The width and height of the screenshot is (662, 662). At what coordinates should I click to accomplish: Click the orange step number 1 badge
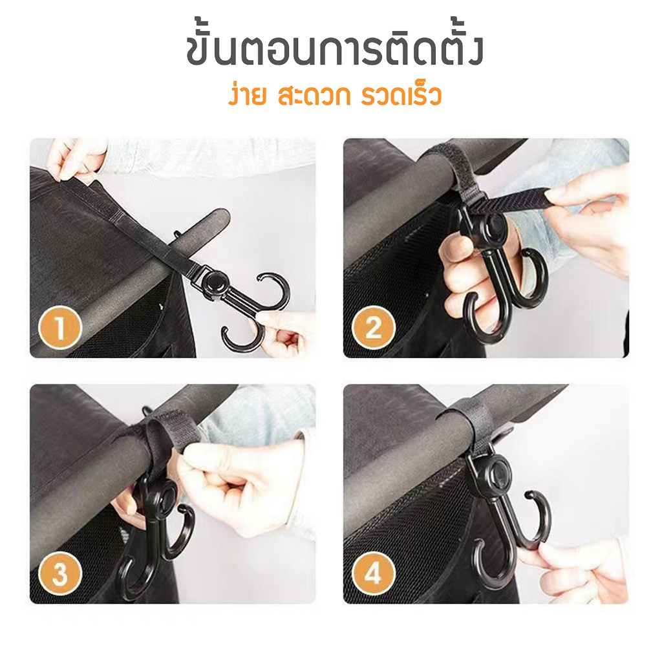(x=60, y=327)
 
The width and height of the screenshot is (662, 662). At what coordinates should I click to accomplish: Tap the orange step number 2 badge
(x=374, y=327)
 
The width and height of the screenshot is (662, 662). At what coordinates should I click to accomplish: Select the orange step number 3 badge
(x=60, y=573)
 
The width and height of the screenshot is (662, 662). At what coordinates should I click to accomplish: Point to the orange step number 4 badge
(x=374, y=573)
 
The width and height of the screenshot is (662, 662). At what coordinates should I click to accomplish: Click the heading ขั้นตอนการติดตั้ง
(x=334, y=50)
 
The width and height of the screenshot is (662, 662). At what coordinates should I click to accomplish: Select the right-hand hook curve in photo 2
(x=534, y=287)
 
